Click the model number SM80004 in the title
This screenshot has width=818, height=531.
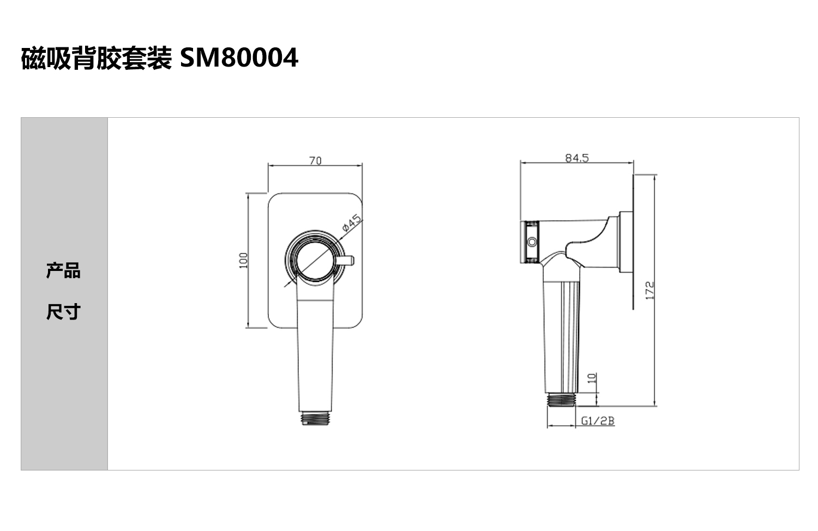239,58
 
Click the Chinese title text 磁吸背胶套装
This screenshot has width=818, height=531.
97,58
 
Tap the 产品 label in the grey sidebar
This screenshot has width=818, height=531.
63,270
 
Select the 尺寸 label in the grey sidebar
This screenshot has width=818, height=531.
63,312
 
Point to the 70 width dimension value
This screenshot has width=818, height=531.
316,161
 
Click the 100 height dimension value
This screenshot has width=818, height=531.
243,260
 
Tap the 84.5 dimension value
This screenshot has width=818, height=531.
577,158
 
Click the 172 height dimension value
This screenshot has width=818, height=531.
649,291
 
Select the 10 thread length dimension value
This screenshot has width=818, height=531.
592,378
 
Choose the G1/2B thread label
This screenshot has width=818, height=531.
598,421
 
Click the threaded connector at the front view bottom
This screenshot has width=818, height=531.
315,418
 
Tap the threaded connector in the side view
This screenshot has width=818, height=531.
562,400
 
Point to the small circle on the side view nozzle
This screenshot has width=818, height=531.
532,242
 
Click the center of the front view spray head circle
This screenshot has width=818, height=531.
315,260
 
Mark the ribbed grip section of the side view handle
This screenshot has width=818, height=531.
570,336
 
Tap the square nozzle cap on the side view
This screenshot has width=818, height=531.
530,242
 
